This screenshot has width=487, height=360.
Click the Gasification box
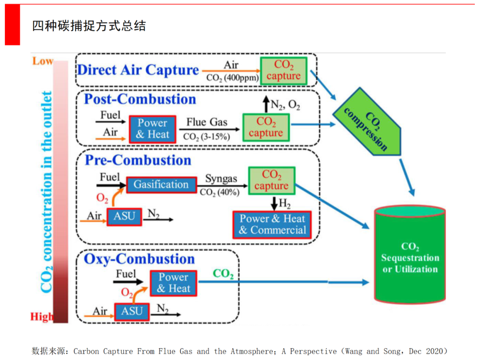(x=161, y=185)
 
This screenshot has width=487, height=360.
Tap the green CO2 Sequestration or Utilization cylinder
(x=410, y=255)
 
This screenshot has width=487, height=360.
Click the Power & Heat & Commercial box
(x=272, y=224)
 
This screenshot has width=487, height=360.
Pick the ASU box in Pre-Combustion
(x=124, y=216)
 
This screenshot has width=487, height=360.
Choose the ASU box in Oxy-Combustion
(x=132, y=311)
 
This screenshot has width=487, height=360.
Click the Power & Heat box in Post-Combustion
(x=152, y=129)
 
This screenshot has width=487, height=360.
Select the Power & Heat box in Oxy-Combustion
(x=173, y=283)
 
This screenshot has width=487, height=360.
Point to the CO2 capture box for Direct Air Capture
(x=283, y=71)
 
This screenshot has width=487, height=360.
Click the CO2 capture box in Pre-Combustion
(x=271, y=180)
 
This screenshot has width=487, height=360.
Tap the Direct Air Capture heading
(x=138, y=70)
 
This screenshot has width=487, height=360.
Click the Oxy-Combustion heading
(x=139, y=259)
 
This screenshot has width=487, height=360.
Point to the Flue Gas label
(x=207, y=122)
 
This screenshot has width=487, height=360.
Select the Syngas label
(x=221, y=179)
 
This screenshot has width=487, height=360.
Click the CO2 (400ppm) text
(x=232, y=78)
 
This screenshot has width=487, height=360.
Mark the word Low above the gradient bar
(x=42, y=61)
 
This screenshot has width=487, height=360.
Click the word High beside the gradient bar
(x=41, y=317)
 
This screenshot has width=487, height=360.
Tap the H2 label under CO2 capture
(x=285, y=204)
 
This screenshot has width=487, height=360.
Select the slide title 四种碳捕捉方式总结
(x=89, y=26)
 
